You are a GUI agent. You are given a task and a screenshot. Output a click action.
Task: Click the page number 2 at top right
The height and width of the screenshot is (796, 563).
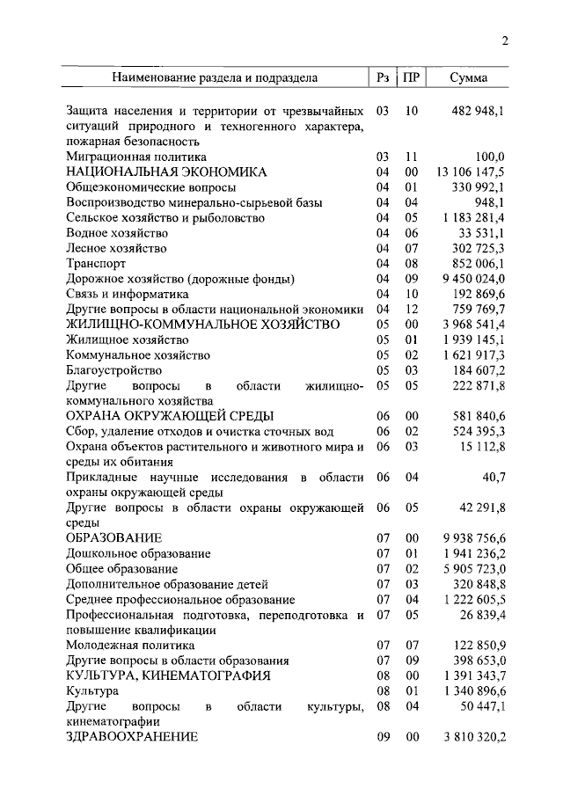point(505,40)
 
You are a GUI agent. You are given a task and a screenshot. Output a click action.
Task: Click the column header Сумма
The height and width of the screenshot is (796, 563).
point(468,77)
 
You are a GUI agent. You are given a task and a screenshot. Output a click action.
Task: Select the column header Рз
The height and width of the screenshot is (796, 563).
point(382,77)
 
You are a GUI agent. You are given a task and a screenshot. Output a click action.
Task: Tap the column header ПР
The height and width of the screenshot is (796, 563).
point(411,77)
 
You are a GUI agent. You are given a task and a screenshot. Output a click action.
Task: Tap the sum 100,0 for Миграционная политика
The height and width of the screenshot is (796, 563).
point(488,157)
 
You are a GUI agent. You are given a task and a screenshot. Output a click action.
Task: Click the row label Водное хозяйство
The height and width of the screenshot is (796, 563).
point(117,233)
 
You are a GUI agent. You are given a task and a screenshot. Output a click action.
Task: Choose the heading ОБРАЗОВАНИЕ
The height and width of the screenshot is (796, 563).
point(113,537)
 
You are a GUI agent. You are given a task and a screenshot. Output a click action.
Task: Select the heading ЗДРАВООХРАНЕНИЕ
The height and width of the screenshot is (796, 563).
point(132,736)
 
